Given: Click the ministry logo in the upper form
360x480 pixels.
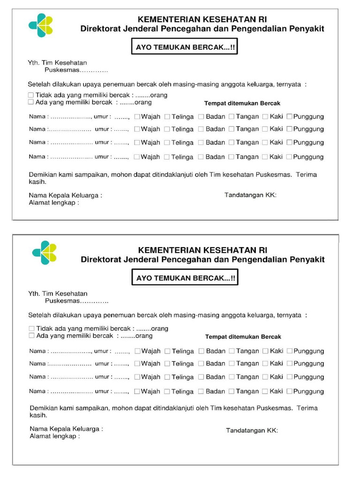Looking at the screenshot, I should (41, 25).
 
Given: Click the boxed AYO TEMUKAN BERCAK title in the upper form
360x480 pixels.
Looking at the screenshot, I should (184, 47).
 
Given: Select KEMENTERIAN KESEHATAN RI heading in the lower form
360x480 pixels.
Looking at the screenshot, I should (202, 250).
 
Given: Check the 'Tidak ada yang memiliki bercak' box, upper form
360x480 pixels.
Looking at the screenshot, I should (31, 95).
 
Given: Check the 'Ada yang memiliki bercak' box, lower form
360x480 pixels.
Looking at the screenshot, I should (31, 336).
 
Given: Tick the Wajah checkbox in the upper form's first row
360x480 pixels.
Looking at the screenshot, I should (137, 116).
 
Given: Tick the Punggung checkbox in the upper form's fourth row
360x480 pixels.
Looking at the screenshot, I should (289, 157).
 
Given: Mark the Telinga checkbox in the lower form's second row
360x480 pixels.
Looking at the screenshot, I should (167, 363).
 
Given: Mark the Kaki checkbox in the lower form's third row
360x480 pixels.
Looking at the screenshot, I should (265, 376).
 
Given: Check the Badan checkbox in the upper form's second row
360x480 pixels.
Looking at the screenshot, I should (201, 129).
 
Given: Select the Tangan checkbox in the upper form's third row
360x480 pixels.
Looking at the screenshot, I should (232, 142).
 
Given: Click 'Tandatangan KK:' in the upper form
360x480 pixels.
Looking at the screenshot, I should (250, 195).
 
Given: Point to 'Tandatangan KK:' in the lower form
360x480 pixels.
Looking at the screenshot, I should (252, 430).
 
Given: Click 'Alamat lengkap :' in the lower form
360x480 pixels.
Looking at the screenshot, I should (54, 436).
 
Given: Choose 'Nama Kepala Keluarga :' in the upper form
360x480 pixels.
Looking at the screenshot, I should (66, 195).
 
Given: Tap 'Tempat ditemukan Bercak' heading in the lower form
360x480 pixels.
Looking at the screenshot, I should (243, 337).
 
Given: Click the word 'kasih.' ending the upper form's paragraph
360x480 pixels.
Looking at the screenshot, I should (37, 181).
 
